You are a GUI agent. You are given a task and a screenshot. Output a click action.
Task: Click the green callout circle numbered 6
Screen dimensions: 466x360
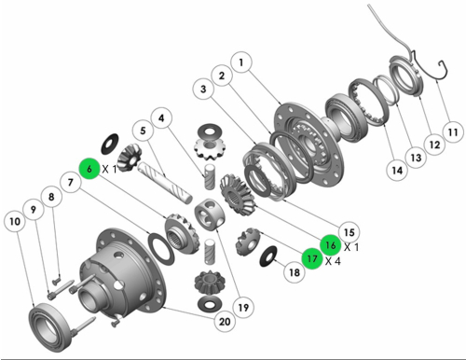tap(89, 169)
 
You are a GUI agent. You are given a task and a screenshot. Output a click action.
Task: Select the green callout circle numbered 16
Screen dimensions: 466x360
tap(331, 245)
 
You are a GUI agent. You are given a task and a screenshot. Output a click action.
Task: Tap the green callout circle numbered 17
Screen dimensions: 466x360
tap(312, 258)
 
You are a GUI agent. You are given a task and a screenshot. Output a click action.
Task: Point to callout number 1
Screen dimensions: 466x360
tap(241, 62)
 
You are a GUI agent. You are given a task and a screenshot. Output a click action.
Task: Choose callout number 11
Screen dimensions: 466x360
tap(453, 132)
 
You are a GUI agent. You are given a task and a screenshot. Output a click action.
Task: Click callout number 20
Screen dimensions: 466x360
tap(225, 321)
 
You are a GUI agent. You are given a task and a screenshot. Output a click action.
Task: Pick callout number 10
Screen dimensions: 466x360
tap(15, 221)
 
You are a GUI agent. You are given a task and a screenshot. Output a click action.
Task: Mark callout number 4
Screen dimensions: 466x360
tap(161, 118)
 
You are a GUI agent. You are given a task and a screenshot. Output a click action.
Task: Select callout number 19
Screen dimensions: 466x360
tap(243, 308)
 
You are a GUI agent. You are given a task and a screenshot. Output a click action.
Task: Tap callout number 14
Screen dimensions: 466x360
tap(397, 170)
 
